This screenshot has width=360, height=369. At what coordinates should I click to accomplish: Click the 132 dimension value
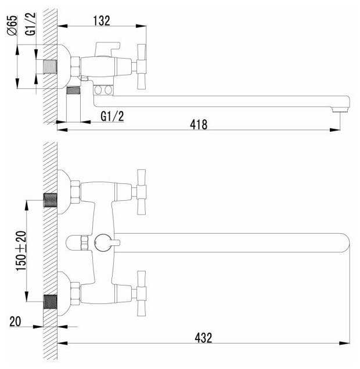click(102, 21)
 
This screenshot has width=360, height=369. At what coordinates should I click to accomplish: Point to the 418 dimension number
click(199, 125)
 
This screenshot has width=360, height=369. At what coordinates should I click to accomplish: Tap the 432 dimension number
click(203, 338)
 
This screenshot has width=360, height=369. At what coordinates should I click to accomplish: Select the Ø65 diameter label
click(12, 26)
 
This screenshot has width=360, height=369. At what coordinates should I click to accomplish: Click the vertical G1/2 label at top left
click(30, 24)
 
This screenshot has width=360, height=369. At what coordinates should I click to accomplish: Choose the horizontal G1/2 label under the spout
click(112, 116)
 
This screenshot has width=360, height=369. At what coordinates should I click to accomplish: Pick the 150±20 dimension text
click(21, 251)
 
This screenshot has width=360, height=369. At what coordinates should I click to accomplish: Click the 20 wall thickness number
click(15, 321)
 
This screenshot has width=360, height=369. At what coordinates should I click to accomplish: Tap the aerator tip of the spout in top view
click(340, 110)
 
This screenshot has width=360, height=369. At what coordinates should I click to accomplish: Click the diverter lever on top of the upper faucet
click(107, 49)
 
